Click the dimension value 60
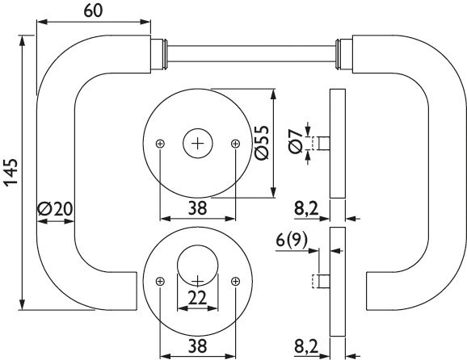93,10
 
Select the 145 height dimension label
12,173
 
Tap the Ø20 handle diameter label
56,208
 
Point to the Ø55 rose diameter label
262,143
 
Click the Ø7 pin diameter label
296,141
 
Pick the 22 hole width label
197,298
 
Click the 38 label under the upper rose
197,208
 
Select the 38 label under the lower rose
197,346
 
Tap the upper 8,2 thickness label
306,208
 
